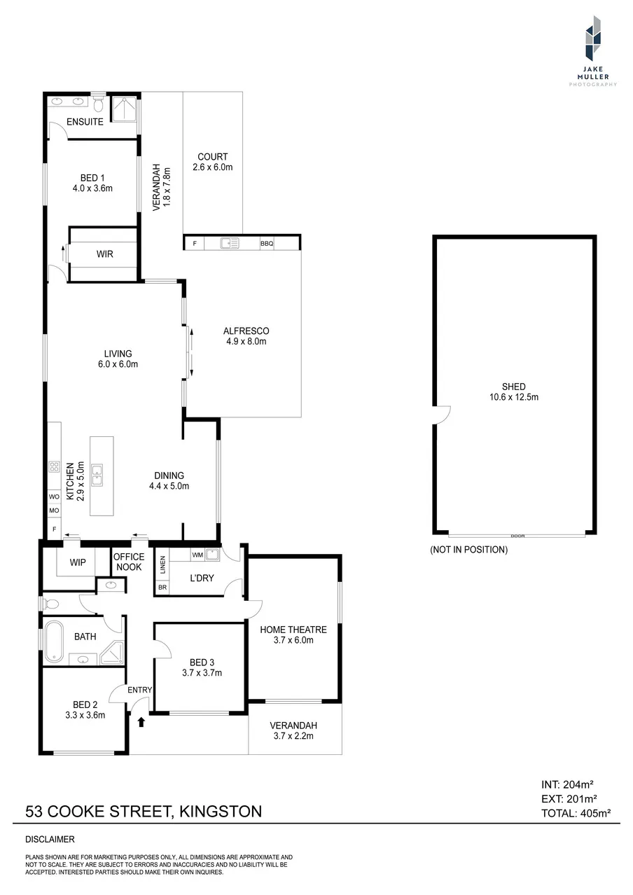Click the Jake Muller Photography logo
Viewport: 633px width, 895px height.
pos(593,50)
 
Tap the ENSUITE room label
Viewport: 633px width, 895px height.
pos(85,122)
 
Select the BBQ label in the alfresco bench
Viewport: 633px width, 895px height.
pos(267,243)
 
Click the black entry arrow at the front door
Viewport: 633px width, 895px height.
pos(141,721)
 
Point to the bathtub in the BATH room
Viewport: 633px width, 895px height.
pos(54,641)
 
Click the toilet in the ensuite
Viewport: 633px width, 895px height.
pos(97,104)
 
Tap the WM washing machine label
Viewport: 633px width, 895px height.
pos(197,555)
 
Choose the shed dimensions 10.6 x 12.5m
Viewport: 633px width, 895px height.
pos(514,397)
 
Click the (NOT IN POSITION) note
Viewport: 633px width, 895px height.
pos(468,550)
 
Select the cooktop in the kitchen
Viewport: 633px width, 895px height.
pos(55,466)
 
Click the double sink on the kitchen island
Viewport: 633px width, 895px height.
pos(97,475)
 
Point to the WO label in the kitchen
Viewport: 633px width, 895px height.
pos(54,497)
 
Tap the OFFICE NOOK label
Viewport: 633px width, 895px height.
pos(129,562)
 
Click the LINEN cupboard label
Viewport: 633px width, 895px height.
pos(162,565)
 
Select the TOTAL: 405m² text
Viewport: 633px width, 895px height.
pos(576,813)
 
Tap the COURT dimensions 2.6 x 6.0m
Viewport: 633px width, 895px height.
pos(213,167)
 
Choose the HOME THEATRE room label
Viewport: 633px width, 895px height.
pos(293,630)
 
